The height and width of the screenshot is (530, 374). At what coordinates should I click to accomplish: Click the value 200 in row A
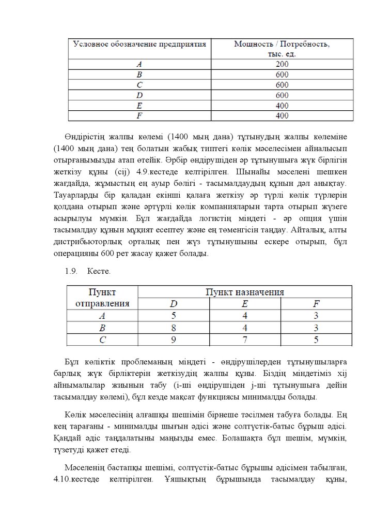pyautogui.click(x=282, y=64)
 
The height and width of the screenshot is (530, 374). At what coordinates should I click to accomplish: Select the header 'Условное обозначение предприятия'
pyautogui.click(x=140, y=44)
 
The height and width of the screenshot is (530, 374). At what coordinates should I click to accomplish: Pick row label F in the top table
pyautogui.click(x=139, y=116)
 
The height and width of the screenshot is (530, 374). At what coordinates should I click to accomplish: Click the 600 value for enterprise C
pyautogui.click(x=282, y=85)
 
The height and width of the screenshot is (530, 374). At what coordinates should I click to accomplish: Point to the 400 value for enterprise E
pyautogui.click(x=282, y=106)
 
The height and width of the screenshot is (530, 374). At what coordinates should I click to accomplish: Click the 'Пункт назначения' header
pyautogui.click(x=245, y=292)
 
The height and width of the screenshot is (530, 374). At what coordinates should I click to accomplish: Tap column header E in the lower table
pyautogui.click(x=245, y=304)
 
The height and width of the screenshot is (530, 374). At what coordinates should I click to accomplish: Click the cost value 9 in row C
pyautogui.click(x=174, y=340)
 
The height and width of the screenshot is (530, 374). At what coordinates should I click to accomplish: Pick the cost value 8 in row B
pyautogui.click(x=174, y=328)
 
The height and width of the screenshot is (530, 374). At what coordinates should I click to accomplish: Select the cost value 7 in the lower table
pyautogui.click(x=245, y=340)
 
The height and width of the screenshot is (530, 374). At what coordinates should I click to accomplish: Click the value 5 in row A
pyautogui.click(x=174, y=316)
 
